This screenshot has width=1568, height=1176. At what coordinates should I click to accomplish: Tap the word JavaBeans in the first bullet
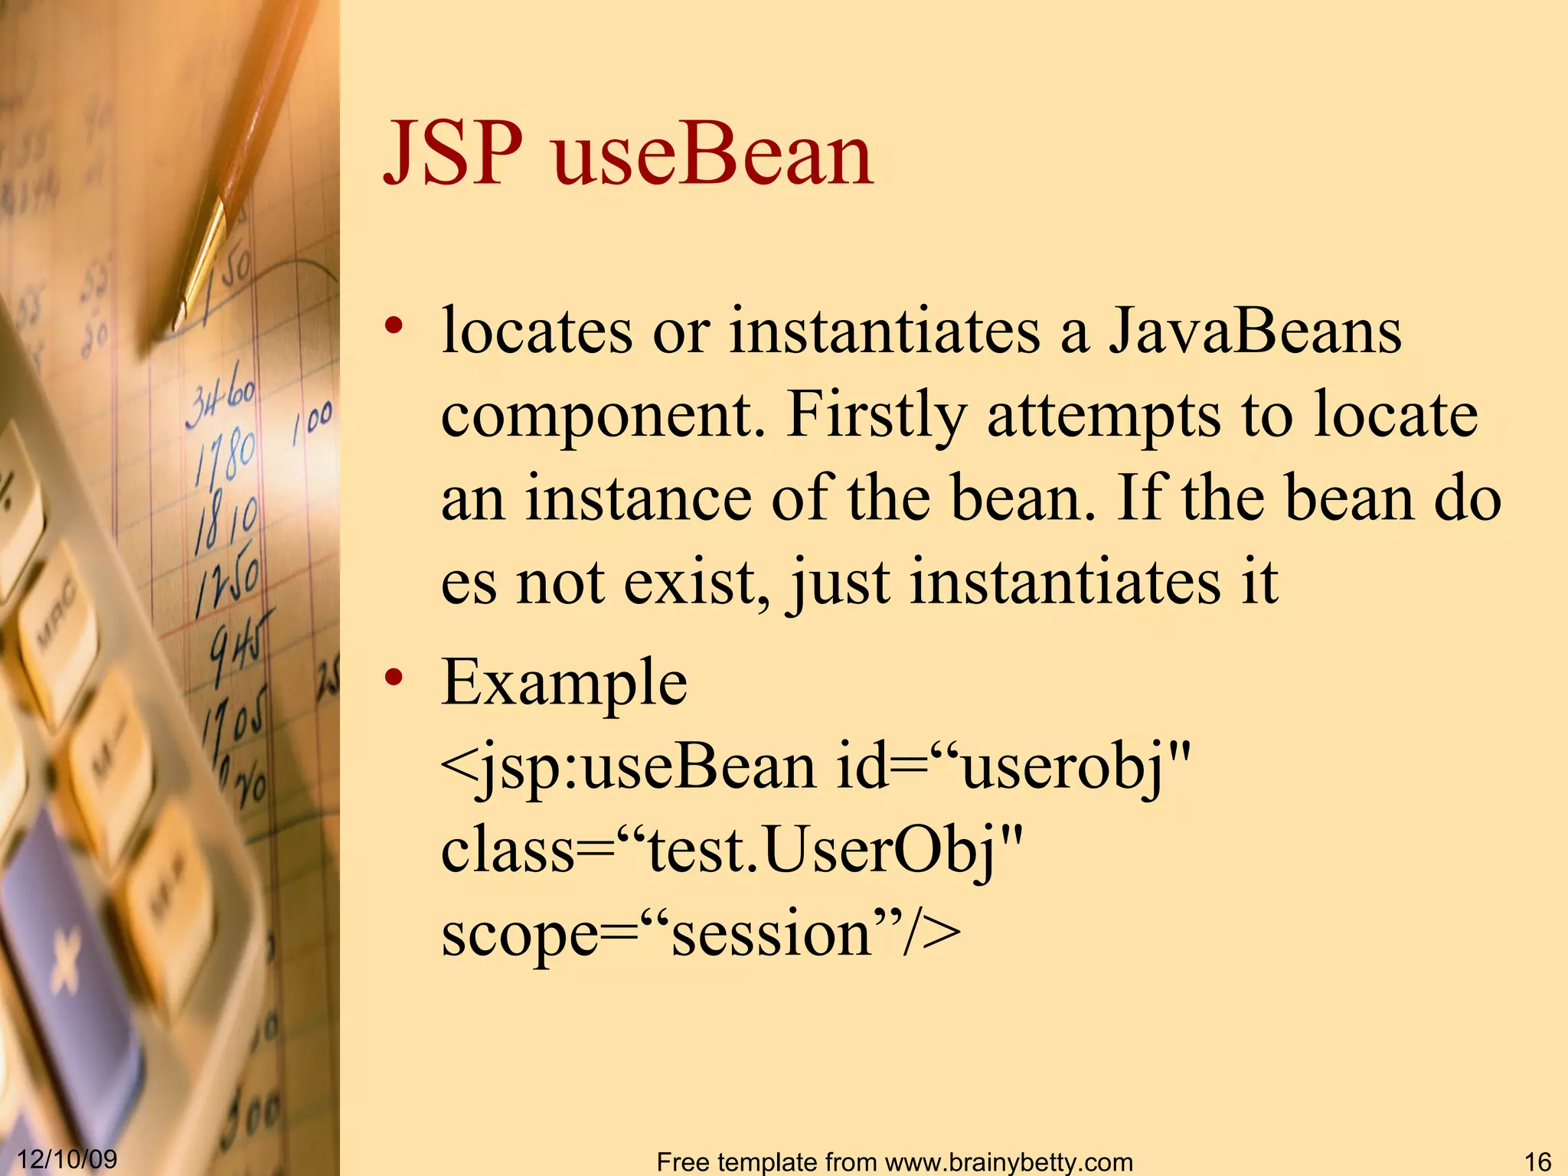click(1256, 332)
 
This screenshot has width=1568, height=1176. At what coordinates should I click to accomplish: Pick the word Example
click(564, 683)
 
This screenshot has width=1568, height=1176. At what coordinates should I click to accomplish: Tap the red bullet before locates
click(394, 326)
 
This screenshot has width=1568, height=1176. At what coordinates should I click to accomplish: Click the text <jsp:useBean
click(628, 768)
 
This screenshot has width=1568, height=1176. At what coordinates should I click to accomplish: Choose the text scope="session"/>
click(701, 935)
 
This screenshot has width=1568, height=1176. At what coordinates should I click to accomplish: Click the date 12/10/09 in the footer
click(67, 1158)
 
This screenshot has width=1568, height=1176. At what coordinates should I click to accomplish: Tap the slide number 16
click(1537, 1161)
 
